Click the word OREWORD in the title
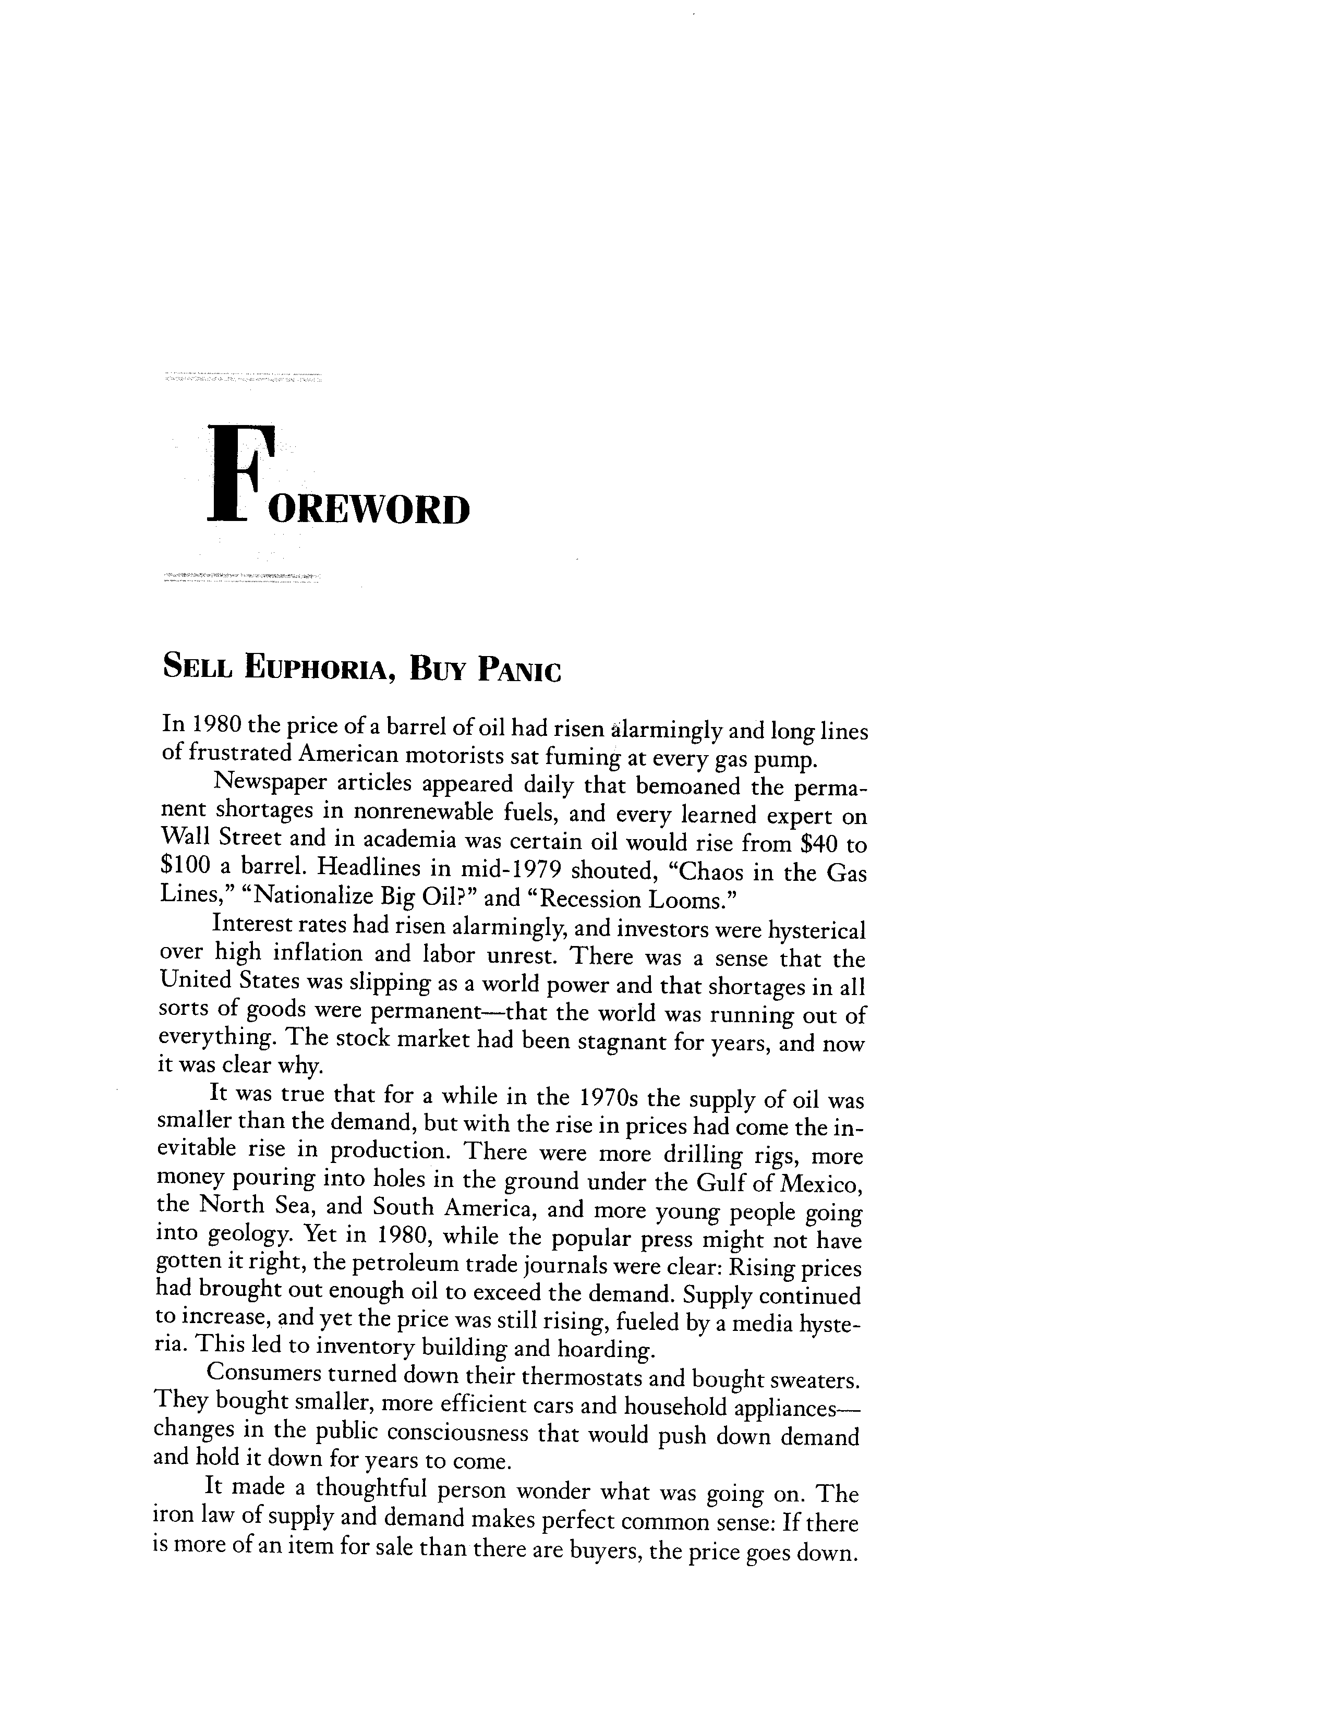click(369, 509)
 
